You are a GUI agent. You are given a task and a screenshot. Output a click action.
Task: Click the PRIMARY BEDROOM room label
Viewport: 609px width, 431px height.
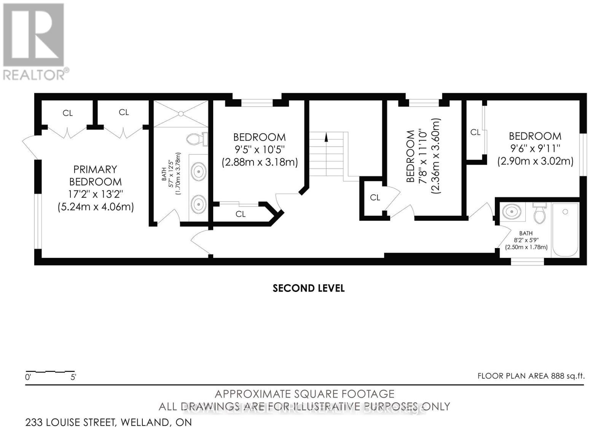pyautogui.click(x=95, y=175)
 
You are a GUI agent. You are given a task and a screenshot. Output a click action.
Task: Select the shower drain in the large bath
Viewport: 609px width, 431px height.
pyautogui.click(x=181, y=114)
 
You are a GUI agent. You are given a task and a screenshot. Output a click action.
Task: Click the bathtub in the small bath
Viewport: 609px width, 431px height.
pyautogui.click(x=565, y=230)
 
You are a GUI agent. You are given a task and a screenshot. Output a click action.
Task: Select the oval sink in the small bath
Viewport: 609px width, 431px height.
pyautogui.click(x=512, y=211)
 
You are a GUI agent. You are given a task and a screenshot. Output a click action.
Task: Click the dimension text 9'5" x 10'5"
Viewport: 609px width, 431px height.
pyautogui.click(x=259, y=149)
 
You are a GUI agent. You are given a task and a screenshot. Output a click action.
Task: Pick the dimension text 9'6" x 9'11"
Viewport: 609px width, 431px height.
pyautogui.click(x=535, y=148)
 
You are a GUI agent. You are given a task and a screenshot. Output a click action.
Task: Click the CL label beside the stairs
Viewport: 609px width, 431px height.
pyautogui.click(x=375, y=197)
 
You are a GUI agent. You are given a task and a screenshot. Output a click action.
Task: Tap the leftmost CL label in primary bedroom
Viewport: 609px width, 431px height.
pyautogui.click(x=68, y=113)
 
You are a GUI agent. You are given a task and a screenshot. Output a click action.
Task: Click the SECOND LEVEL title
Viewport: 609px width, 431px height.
pyautogui.click(x=308, y=288)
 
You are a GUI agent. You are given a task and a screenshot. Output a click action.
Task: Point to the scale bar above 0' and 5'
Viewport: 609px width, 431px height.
pyautogui.click(x=50, y=371)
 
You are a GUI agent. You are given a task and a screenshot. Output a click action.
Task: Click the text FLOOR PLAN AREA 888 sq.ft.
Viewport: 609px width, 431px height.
pyautogui.click(x=531, y=376)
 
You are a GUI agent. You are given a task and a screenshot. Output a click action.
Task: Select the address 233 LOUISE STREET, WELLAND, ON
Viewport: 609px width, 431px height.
pyautogui.click(x=108, y=422)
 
